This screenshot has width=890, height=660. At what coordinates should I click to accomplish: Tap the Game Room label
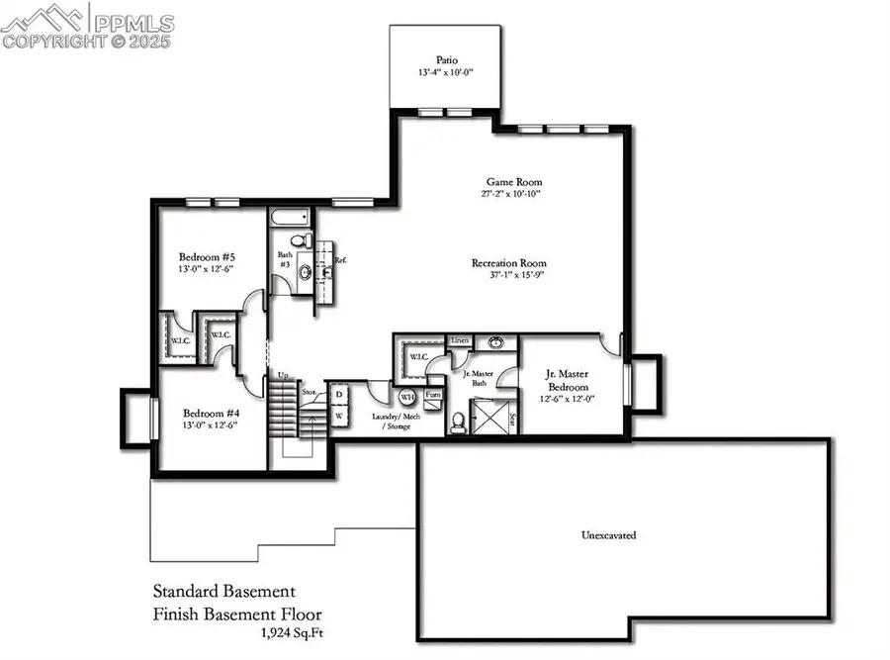click(x=513, y=182)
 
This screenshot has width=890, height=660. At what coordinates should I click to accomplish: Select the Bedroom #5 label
click(x=206, y=256)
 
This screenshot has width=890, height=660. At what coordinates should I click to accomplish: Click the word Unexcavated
click(x=607, y=535)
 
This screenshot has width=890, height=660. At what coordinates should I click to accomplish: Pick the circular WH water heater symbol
click(x=406, y=398)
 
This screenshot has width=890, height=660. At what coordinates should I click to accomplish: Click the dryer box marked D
click(x=339, y=394)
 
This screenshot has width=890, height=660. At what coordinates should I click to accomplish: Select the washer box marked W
click(x=339, y=417)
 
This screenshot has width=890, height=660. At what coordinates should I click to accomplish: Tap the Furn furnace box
click(x=433, y=394)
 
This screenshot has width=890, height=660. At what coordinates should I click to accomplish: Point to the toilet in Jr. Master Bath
click(x=458, y=422)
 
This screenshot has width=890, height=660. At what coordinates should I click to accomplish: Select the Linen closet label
click(x=460, y=340)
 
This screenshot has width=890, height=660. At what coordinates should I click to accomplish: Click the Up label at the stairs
click(x=282, y=376)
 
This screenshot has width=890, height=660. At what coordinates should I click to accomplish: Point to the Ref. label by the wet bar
click(x=339, y=260)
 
